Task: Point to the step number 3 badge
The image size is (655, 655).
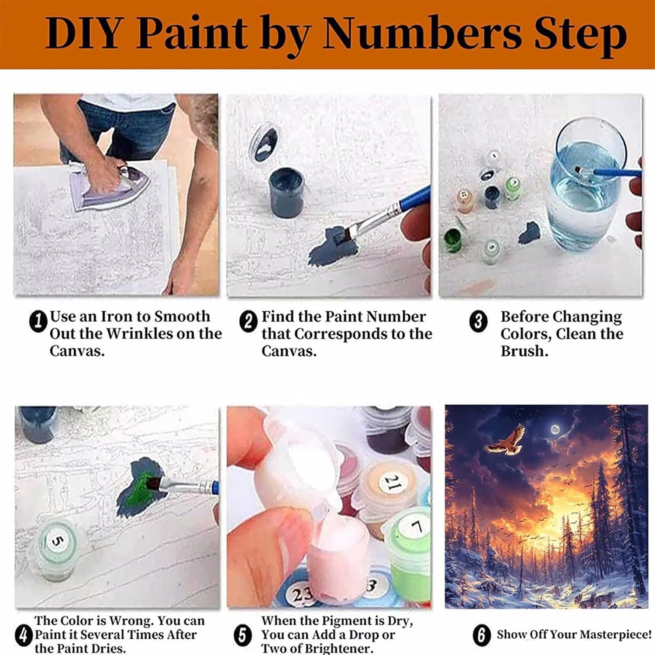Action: pos(478,322)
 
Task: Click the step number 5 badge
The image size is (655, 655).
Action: pos(243,635)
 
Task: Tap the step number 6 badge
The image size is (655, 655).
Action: pos(481,635)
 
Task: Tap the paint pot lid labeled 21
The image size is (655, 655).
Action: pos(392,483)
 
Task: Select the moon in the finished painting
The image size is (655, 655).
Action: pos(555,430)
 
